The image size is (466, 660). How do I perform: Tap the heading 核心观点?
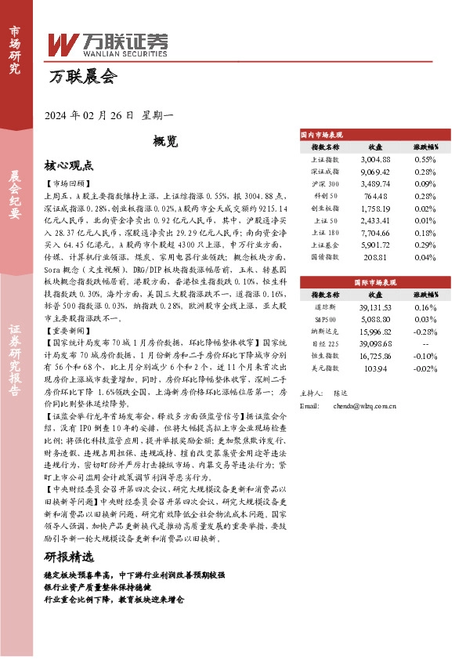tap(70, 165)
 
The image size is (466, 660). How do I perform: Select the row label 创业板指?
tap(325, 208)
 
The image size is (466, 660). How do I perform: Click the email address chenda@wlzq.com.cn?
tap(368, 405)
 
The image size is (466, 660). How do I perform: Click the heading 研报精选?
tap(70, 557)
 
